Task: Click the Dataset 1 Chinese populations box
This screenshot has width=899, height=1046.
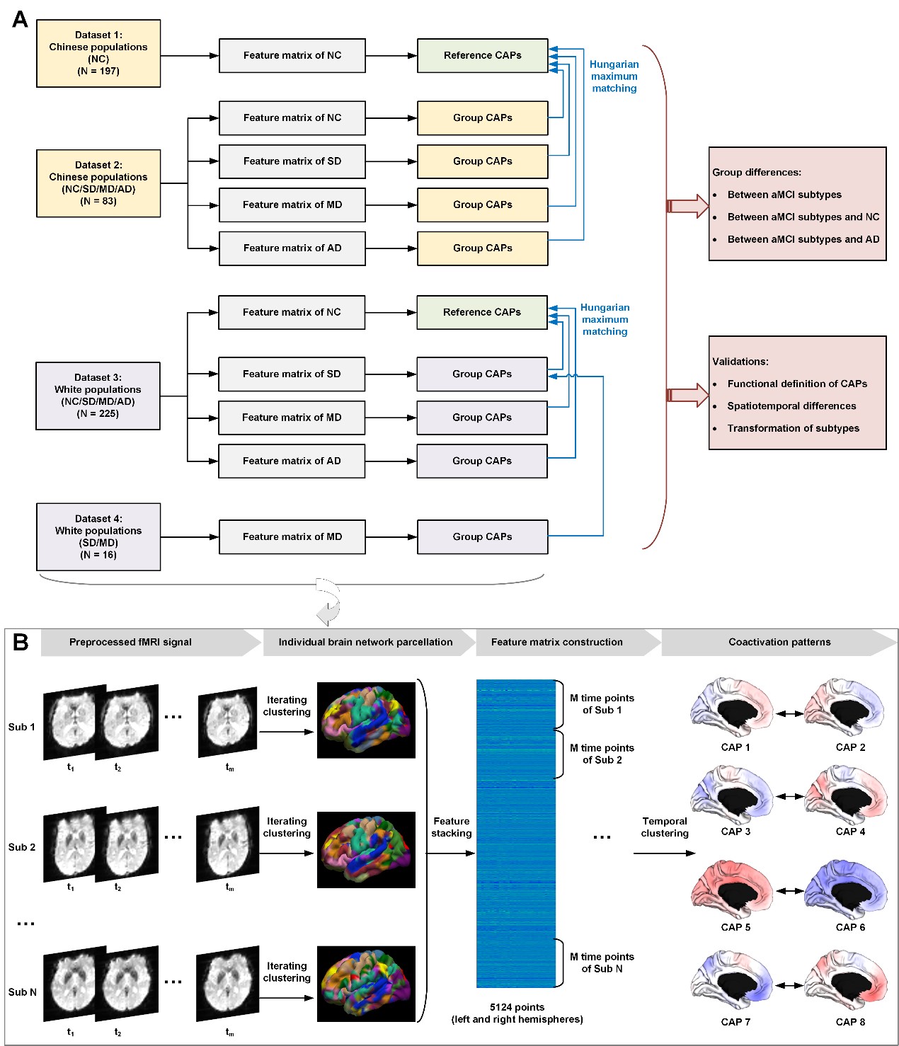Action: click(x=98, y=53)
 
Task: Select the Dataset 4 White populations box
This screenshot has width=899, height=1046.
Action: click(x=98, y=536)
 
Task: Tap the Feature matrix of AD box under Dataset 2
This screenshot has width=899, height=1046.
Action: click(x=292, y=248)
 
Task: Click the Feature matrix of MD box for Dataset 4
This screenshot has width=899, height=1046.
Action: click(x=292, y=537)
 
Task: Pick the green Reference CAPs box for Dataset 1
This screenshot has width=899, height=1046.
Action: click(x=483, y=55)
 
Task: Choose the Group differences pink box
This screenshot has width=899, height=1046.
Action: click(x=797, y=204)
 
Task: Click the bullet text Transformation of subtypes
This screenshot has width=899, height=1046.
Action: click(x=793, y=428)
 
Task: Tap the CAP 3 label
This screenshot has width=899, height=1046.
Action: click(x=735, y=832)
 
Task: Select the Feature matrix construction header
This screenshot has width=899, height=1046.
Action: click(x=557, y=642)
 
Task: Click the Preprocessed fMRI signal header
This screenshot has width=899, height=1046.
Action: click(x=130, y=642)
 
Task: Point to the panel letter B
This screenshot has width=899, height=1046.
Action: click(x=21, y=642)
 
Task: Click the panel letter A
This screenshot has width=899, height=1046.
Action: click(x=20, y=19)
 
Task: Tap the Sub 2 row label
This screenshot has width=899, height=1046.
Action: click(x=22, y=847)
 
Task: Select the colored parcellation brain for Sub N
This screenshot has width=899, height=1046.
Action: click(x=366, y=984)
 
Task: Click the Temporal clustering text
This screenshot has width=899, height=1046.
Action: click(x=664, y=827)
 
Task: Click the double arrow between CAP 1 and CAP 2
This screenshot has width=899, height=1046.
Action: click(x=790, y=713)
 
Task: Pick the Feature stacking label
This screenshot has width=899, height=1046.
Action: click(x=452, y=827)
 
